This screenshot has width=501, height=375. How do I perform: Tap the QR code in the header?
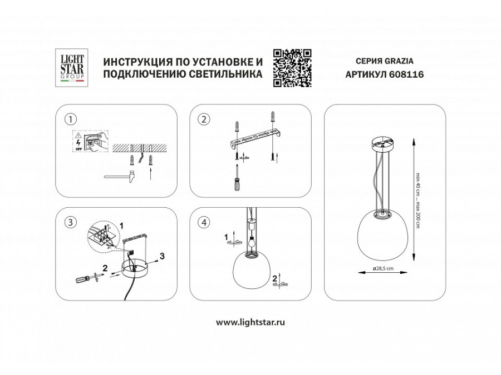292,67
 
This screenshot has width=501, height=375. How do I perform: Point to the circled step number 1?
70,119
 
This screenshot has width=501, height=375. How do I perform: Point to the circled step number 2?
204,119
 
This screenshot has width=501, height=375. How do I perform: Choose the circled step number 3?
70,222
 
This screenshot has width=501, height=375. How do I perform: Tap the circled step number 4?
204,222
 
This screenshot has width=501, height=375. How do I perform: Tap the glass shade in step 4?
250,272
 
